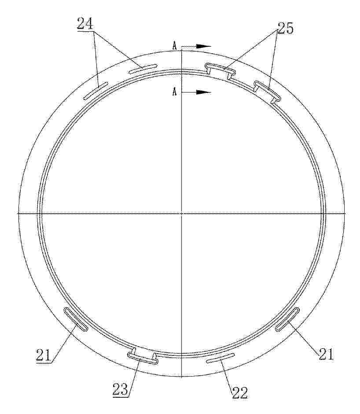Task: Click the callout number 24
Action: coord(85,23)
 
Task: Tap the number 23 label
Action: coord(121,389)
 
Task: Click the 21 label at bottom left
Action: coord(44,355)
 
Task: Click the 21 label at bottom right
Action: coord(326,354)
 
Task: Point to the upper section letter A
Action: coord(174,46)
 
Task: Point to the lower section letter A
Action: coord(174,92)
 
